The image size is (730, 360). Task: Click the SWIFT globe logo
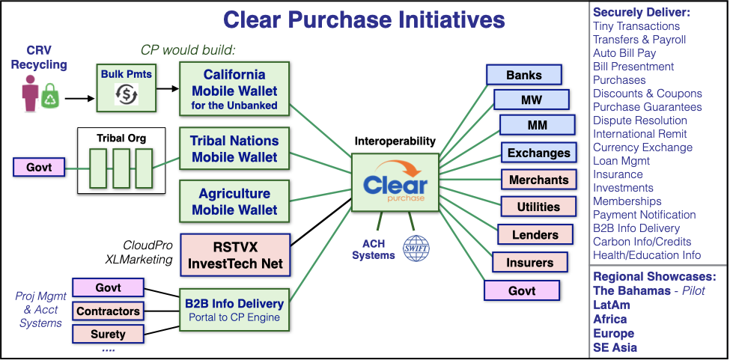click(x=416, y=248)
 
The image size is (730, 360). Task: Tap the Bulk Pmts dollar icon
click(x=127, y=93)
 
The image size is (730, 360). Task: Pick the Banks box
click(x=524, y=75)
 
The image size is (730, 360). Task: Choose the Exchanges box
click(x=538, y=153)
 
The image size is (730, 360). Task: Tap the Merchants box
click(x=538, y=180)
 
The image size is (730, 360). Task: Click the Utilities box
click(x=538, y=207)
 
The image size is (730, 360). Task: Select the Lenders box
click(x=535, y=234)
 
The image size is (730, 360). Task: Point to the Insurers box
click(x=530, y=262)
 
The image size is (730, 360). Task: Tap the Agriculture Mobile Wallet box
click(x=234, y=201)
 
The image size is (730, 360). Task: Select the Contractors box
click(x=108, y=311)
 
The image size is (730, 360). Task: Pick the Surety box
click(x=108, y=334)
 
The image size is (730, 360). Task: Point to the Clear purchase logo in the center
click(x=395, y=183)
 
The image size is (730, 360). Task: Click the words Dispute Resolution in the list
click(x=639, y=120)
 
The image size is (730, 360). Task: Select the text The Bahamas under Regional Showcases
click(x=632, y=290)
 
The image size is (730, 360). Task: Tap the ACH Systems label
click(x=374, y=248)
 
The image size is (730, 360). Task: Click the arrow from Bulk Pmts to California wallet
click(x=168, y=89)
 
